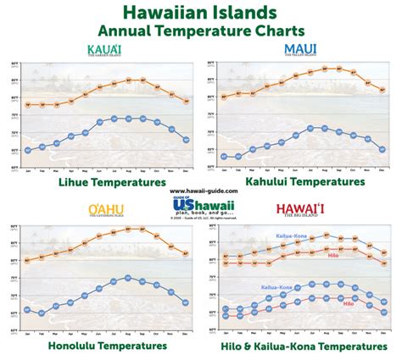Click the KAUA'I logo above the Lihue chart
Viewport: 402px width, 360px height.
tap(105, 50)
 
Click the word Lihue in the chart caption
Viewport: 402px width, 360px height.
tap(75, 181)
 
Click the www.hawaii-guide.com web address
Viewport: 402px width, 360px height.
tap(200, 191)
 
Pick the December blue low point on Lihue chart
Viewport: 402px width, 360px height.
tap(186, 140)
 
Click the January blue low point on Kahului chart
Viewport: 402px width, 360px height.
tap(224, 157)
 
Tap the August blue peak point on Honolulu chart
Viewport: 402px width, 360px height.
tap(127, 278)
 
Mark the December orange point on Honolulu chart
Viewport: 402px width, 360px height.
tap(186, 252)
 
